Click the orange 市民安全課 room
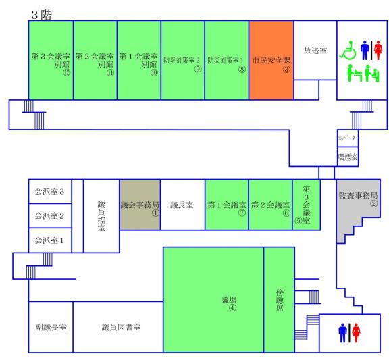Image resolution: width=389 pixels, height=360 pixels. [x=271, y=60]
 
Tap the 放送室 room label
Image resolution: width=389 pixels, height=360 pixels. [x=315, y=51]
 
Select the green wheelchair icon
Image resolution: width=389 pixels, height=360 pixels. [x=348, y=50]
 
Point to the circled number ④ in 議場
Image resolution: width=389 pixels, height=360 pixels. [x=232, y=307]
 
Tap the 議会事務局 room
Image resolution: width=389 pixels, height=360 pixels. [x=139, y=205]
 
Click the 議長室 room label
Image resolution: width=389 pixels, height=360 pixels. [x=182, y=205]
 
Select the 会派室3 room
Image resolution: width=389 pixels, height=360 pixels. [x=49, y=192]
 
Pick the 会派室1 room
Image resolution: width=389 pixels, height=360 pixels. [x=49, y=240]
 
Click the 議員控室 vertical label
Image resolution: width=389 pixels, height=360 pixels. [x=101, y=215]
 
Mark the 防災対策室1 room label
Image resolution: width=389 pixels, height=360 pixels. [x=227, y=59]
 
